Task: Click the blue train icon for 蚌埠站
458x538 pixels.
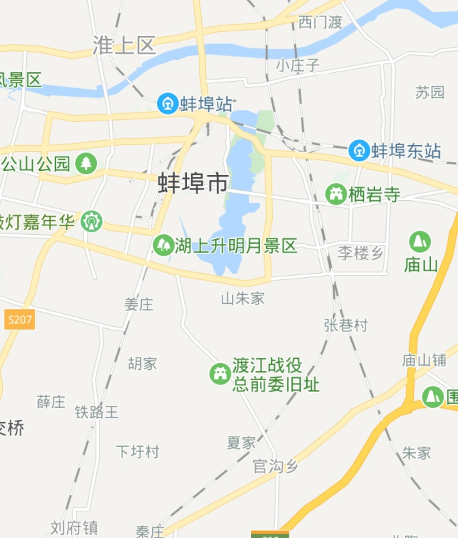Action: pyautogui.click(x=168, y=104)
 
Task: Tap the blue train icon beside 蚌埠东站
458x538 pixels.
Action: pyautogui.click(x=359, y=150)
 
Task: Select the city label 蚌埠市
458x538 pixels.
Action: pyautogui.click(x=193, y=183)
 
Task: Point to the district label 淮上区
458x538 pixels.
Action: pyautogui.click(x=124, y=45)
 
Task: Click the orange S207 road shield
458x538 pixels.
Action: pyautogui.click(x=20, y=320)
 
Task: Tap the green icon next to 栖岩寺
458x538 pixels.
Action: pyautogui.click(x=336, y=195)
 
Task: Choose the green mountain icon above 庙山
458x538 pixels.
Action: pyautogui.click(x=420, y=242)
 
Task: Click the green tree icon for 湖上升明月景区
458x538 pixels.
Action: pyautogui.click(x=164, y=245)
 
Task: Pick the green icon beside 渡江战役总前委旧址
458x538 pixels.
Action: pyautogui.click(x=220, y=374)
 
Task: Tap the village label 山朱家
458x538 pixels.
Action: pyautogui.click(x=243, y=298)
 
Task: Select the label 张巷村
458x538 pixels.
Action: pyautogui.click(x=346, y=325)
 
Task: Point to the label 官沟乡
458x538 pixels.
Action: pyautogui.click(x=275, y=466)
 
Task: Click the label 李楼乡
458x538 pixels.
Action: pyautogui.click(x=361, y=253)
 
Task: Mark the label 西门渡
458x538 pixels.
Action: pyautogui.click(x=320, y=22)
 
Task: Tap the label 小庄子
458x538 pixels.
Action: pyautogui.click(x=298, y=66)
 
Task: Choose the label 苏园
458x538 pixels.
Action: pyautogui.click(x=429, y=92)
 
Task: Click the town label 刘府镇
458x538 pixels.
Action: pyautogui.click(x=74, y=528)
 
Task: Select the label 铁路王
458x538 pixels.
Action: pyautogui.click(x=97, y=412)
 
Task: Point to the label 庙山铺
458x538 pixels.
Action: pyautogui.click(x=424, y=360)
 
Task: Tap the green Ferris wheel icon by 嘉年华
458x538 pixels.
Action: pyautogui.click(x=92, y=222)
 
